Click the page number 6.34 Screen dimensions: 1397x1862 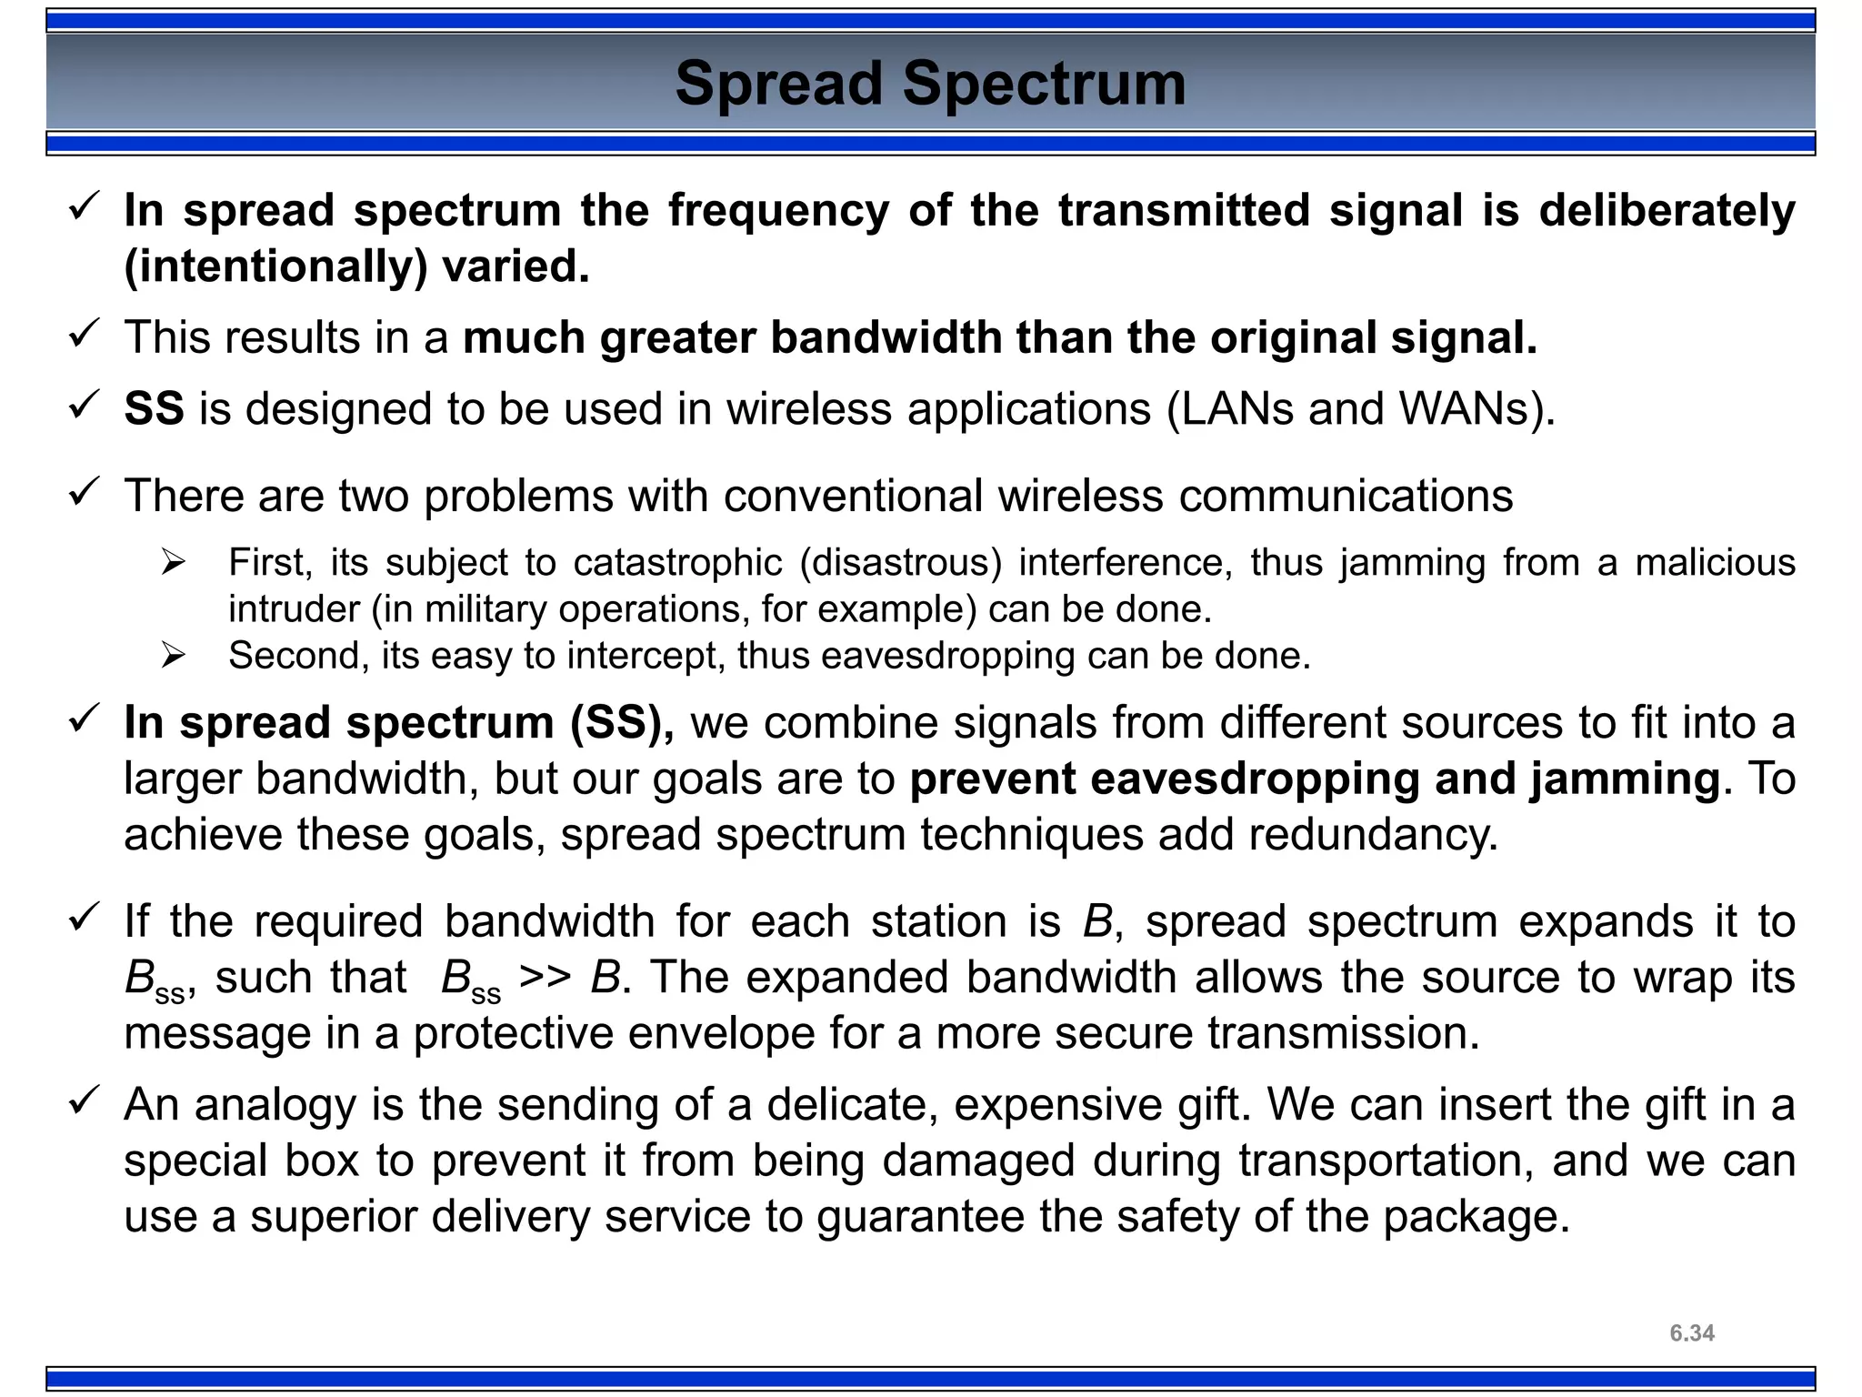[x=1692, y=1333]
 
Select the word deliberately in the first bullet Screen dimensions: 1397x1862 [x=1667, y=210]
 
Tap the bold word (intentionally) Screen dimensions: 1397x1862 [x=275, y=266]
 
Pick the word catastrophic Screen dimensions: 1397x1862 [x=677, y=562]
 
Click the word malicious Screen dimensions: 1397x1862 [x=1715, y=562]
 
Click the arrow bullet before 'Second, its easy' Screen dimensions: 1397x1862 [x=173, y=655]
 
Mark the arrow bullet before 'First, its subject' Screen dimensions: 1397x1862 [x=173, y=562]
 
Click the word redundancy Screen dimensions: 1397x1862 [x=1373, y=835]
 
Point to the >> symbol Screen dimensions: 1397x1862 [x=545, y=978]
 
